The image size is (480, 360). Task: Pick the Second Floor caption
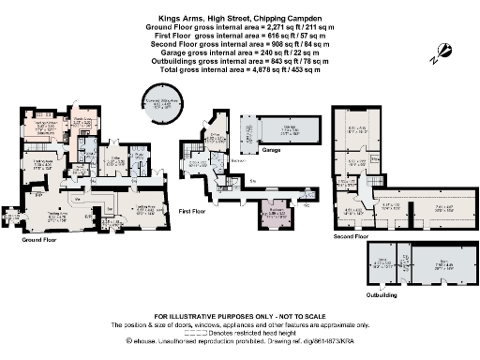(x=350, y=237)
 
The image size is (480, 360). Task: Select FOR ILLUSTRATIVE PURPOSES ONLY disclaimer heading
(x=240, y=316)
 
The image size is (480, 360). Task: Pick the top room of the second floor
(x=357, y=129)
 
